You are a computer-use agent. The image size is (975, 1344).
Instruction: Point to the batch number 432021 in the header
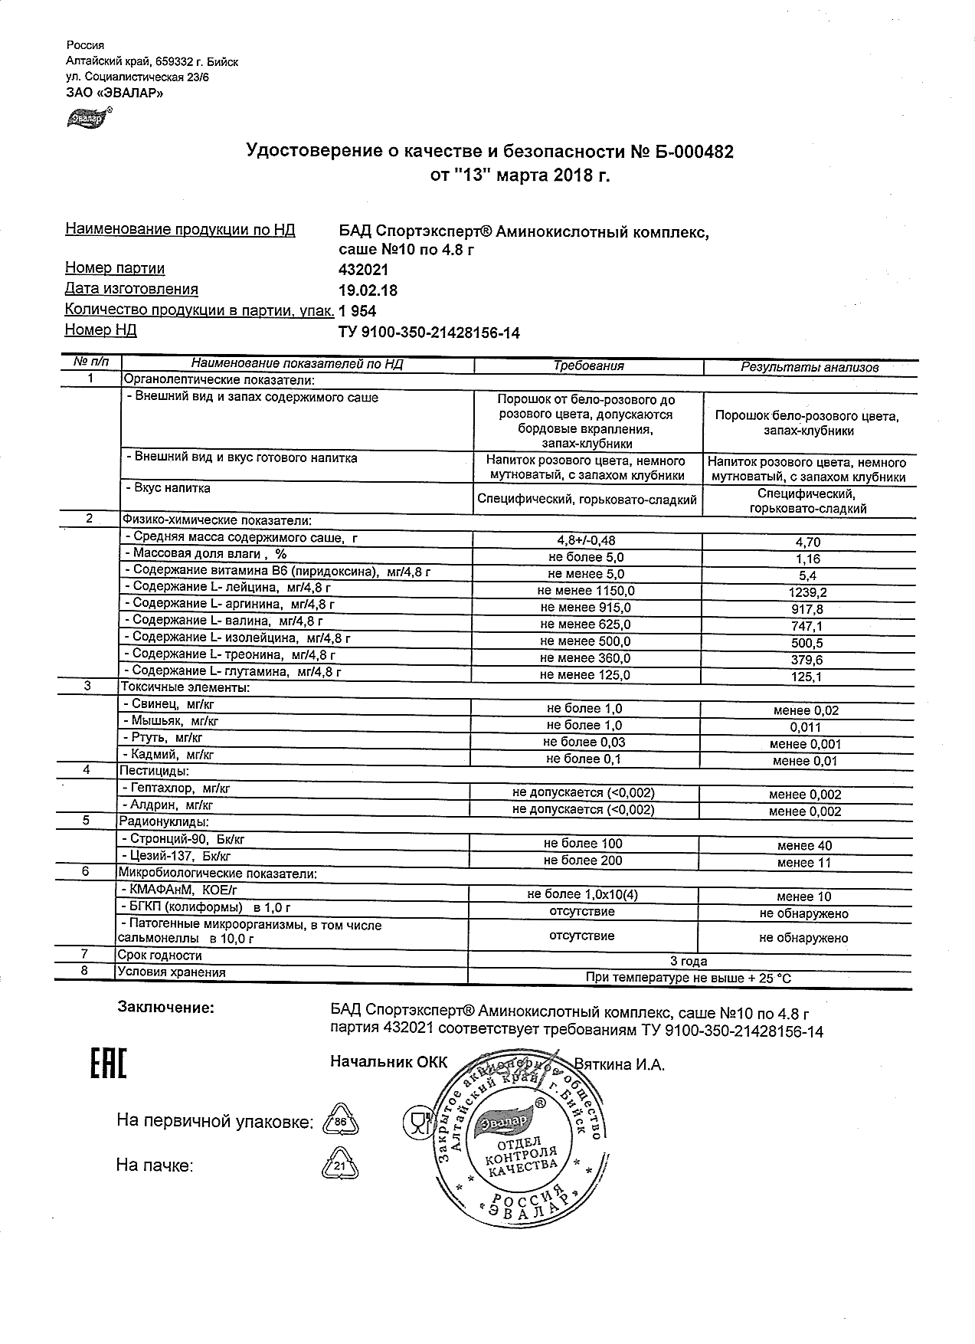(x=363, y=270)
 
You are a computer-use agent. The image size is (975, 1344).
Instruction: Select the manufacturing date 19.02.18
(x=368, y=290)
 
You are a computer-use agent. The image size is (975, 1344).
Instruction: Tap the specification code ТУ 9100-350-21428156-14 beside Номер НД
(x=429, y=333)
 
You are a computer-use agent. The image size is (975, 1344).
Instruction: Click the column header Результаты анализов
(x=809, y=367)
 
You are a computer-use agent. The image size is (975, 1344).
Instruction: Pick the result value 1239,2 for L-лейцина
(x=807, y=592)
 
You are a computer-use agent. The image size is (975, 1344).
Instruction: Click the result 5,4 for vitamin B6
(x=807, y=575)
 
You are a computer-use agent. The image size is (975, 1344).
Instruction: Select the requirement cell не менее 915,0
(x=586, y=608)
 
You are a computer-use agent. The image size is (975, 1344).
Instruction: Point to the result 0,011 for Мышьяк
(x=806, y=727)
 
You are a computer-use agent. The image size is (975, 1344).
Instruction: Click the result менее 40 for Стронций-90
(x=804, y=846)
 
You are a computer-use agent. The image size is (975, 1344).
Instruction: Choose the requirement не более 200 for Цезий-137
(x=583, y=860)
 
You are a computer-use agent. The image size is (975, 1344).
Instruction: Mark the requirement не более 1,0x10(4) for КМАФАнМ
(x=583, y=894)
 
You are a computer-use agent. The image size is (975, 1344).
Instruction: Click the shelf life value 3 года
(x=689, y=961)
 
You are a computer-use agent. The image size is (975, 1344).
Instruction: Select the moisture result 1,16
(x=807, y=559)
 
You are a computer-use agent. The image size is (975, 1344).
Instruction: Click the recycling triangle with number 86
(x=341, y=1123)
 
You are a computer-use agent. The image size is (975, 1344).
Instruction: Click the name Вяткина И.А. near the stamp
(x=619, y=1064)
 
